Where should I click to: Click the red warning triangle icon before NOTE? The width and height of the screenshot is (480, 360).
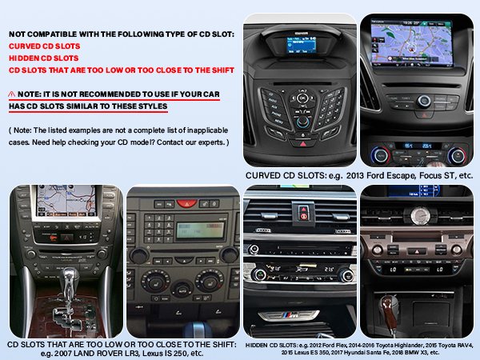14,94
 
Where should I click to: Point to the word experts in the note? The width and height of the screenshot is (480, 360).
206,142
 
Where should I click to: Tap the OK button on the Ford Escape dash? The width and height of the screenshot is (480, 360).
302,99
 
